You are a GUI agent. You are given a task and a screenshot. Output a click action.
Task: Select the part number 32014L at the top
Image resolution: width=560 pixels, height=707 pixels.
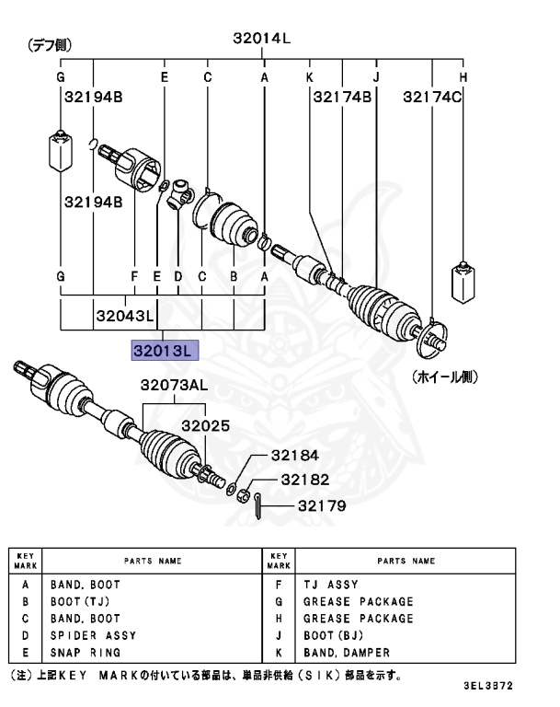[261, 38]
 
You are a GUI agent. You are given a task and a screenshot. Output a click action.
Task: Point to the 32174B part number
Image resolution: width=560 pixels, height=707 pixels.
[341, 96]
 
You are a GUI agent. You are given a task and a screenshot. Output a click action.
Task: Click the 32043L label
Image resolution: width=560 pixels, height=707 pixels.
[124, 316]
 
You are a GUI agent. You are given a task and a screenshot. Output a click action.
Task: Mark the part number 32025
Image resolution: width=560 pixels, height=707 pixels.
[203, 426]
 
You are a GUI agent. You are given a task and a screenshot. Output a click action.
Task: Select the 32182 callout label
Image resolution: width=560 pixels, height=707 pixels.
[304, 480]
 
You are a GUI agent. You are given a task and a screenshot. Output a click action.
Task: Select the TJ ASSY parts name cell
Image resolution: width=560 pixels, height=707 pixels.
[330, 585]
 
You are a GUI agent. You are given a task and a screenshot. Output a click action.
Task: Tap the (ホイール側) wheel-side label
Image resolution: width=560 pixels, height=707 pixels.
[445, 377]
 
